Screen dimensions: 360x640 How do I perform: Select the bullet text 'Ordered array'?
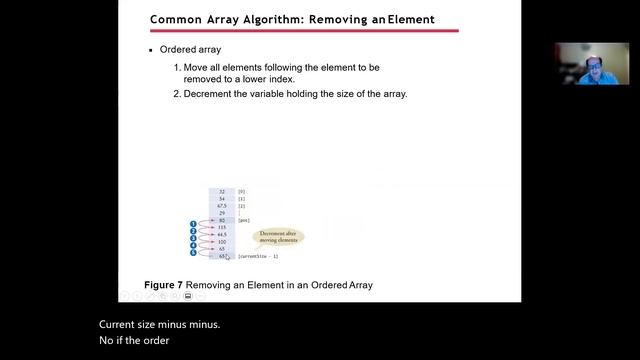[191, 50]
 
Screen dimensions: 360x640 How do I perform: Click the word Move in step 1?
[196, 67]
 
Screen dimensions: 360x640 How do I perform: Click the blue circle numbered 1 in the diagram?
[193, 224]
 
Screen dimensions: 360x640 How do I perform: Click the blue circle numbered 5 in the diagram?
[193, 252]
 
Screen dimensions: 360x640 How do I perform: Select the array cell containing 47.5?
[221, 205]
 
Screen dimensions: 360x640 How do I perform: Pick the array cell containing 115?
[221, 227]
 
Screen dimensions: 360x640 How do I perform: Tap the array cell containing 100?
[221, 242]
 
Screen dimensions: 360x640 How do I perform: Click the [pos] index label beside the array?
[243, 220]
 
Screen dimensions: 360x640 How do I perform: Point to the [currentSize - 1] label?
[257, 257]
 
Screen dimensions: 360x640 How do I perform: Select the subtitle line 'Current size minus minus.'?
[159, 325]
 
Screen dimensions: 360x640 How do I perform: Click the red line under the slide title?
[304, 31]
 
